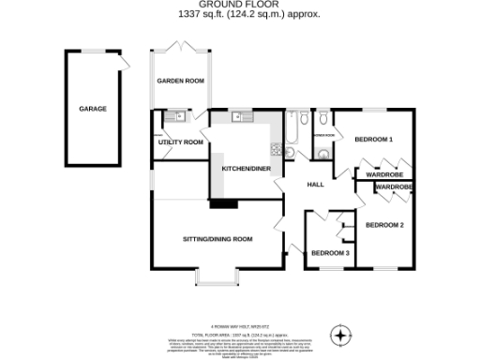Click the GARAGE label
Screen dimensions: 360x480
[92, 109]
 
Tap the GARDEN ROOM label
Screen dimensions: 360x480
[180, 82]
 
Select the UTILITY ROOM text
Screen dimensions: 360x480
[180, 142]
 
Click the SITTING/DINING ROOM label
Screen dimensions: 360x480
[217, 239]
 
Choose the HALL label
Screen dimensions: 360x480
[315, 184]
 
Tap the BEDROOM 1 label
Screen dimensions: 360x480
[372, 140]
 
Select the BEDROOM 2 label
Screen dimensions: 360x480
[384, 225]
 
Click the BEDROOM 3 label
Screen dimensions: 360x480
[330, 253]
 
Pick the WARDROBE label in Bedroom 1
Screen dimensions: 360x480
[383, 174]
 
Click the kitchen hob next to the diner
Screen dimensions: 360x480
[275, 148]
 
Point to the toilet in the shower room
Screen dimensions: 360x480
[322, 119]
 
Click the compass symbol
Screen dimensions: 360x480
[341, 333]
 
